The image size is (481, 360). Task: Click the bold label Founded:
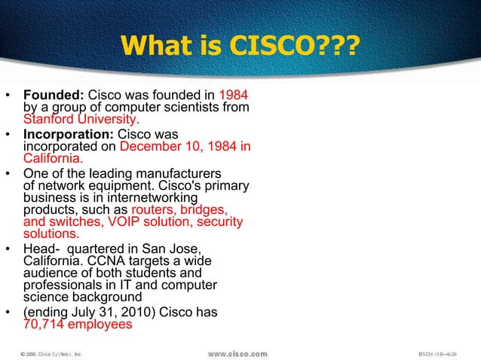(55, 96)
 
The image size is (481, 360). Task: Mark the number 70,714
(43, 325)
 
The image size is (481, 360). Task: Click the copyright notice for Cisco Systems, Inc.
(50, 352)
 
